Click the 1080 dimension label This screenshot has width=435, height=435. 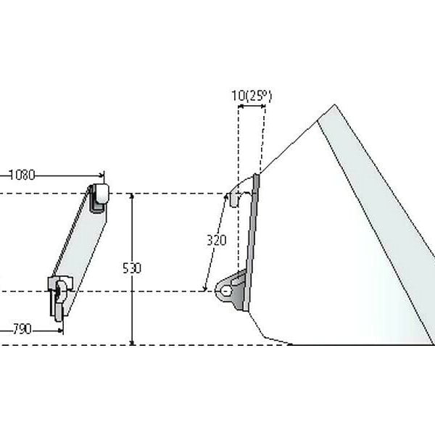[22, 175]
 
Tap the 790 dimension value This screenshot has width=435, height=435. [22, 330]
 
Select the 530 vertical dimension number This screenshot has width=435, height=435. [132, 268]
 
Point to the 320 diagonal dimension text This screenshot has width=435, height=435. [217, 240]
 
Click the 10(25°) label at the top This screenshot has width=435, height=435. [252, 96]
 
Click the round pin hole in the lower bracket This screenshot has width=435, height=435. [226, 291]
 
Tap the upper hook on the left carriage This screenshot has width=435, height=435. [99, 198]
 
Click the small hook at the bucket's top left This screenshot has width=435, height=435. [234, 200]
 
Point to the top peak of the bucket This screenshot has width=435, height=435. [334, 105]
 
